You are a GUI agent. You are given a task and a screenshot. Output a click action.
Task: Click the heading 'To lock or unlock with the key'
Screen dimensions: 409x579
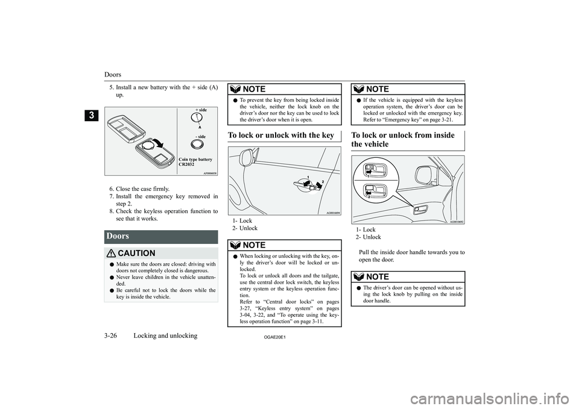pyautogui.click(x=280, y=135)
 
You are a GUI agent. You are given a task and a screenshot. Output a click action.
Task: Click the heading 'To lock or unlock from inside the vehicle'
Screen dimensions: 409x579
pyautogui.click(x=402, y=139)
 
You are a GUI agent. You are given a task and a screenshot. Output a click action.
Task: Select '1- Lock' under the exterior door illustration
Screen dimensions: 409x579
pyautogui.click(x=243, y=221)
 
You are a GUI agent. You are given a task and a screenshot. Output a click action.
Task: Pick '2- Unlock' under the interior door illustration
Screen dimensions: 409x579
pyautogui.click(x=369, y=237)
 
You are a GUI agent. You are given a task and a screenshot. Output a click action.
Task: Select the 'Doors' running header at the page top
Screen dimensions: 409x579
pyautogui.click(x=113, y=75)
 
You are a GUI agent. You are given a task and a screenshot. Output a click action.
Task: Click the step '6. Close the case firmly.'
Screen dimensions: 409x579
pyautogui.click(x=143, y=189)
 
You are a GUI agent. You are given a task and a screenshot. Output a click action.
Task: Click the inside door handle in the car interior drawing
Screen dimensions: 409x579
pyautogui.click(x=418, y=210)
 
